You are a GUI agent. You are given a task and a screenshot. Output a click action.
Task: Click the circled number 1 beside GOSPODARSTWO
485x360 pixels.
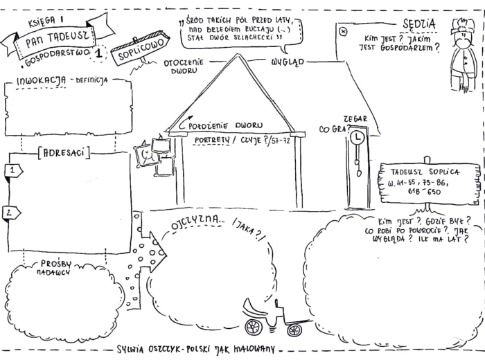click(x=102, y=51)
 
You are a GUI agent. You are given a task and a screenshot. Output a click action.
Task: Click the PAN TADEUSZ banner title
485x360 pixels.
click(x=55, y=37)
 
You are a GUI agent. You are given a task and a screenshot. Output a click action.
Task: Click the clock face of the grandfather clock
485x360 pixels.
click(x=358, y=138)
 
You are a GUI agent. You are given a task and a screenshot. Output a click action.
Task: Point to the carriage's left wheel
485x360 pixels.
click(x=254, y=326)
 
